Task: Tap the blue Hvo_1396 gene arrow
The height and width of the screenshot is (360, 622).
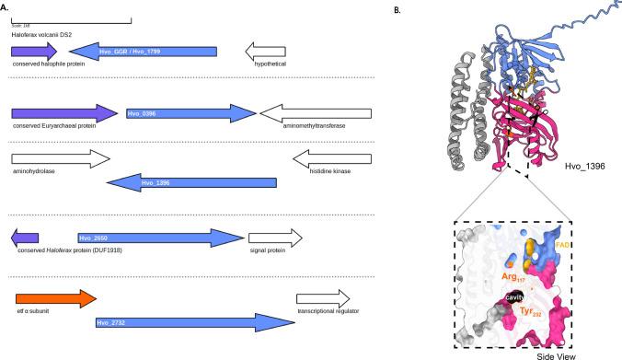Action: (193, 182)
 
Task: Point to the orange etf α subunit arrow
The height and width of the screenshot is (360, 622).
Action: (54, 299)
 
